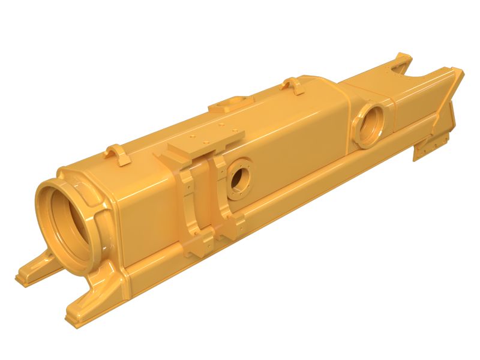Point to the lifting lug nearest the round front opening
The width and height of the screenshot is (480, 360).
pos(119,155)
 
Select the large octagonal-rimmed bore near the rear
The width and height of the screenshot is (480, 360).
pos(373,123)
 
